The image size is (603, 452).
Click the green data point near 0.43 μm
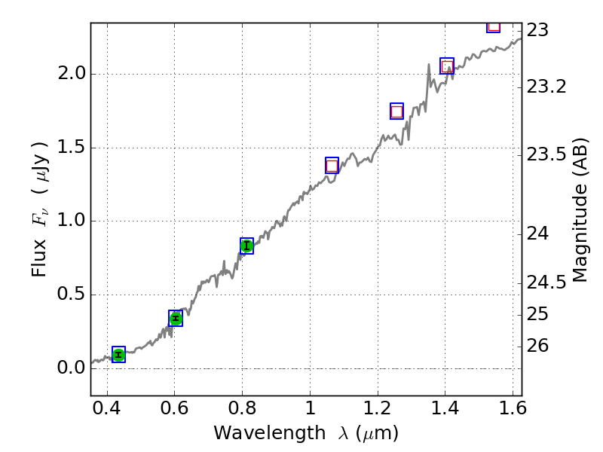[118, 355]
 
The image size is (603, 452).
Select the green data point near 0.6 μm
[176, 319]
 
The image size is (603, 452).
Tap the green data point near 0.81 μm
[246, 246]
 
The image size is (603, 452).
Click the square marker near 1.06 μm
[332, 166]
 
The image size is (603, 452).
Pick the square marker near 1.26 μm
[396, 111]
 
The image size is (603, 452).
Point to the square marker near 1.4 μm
[447, 66]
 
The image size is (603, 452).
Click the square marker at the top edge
[493, 26]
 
